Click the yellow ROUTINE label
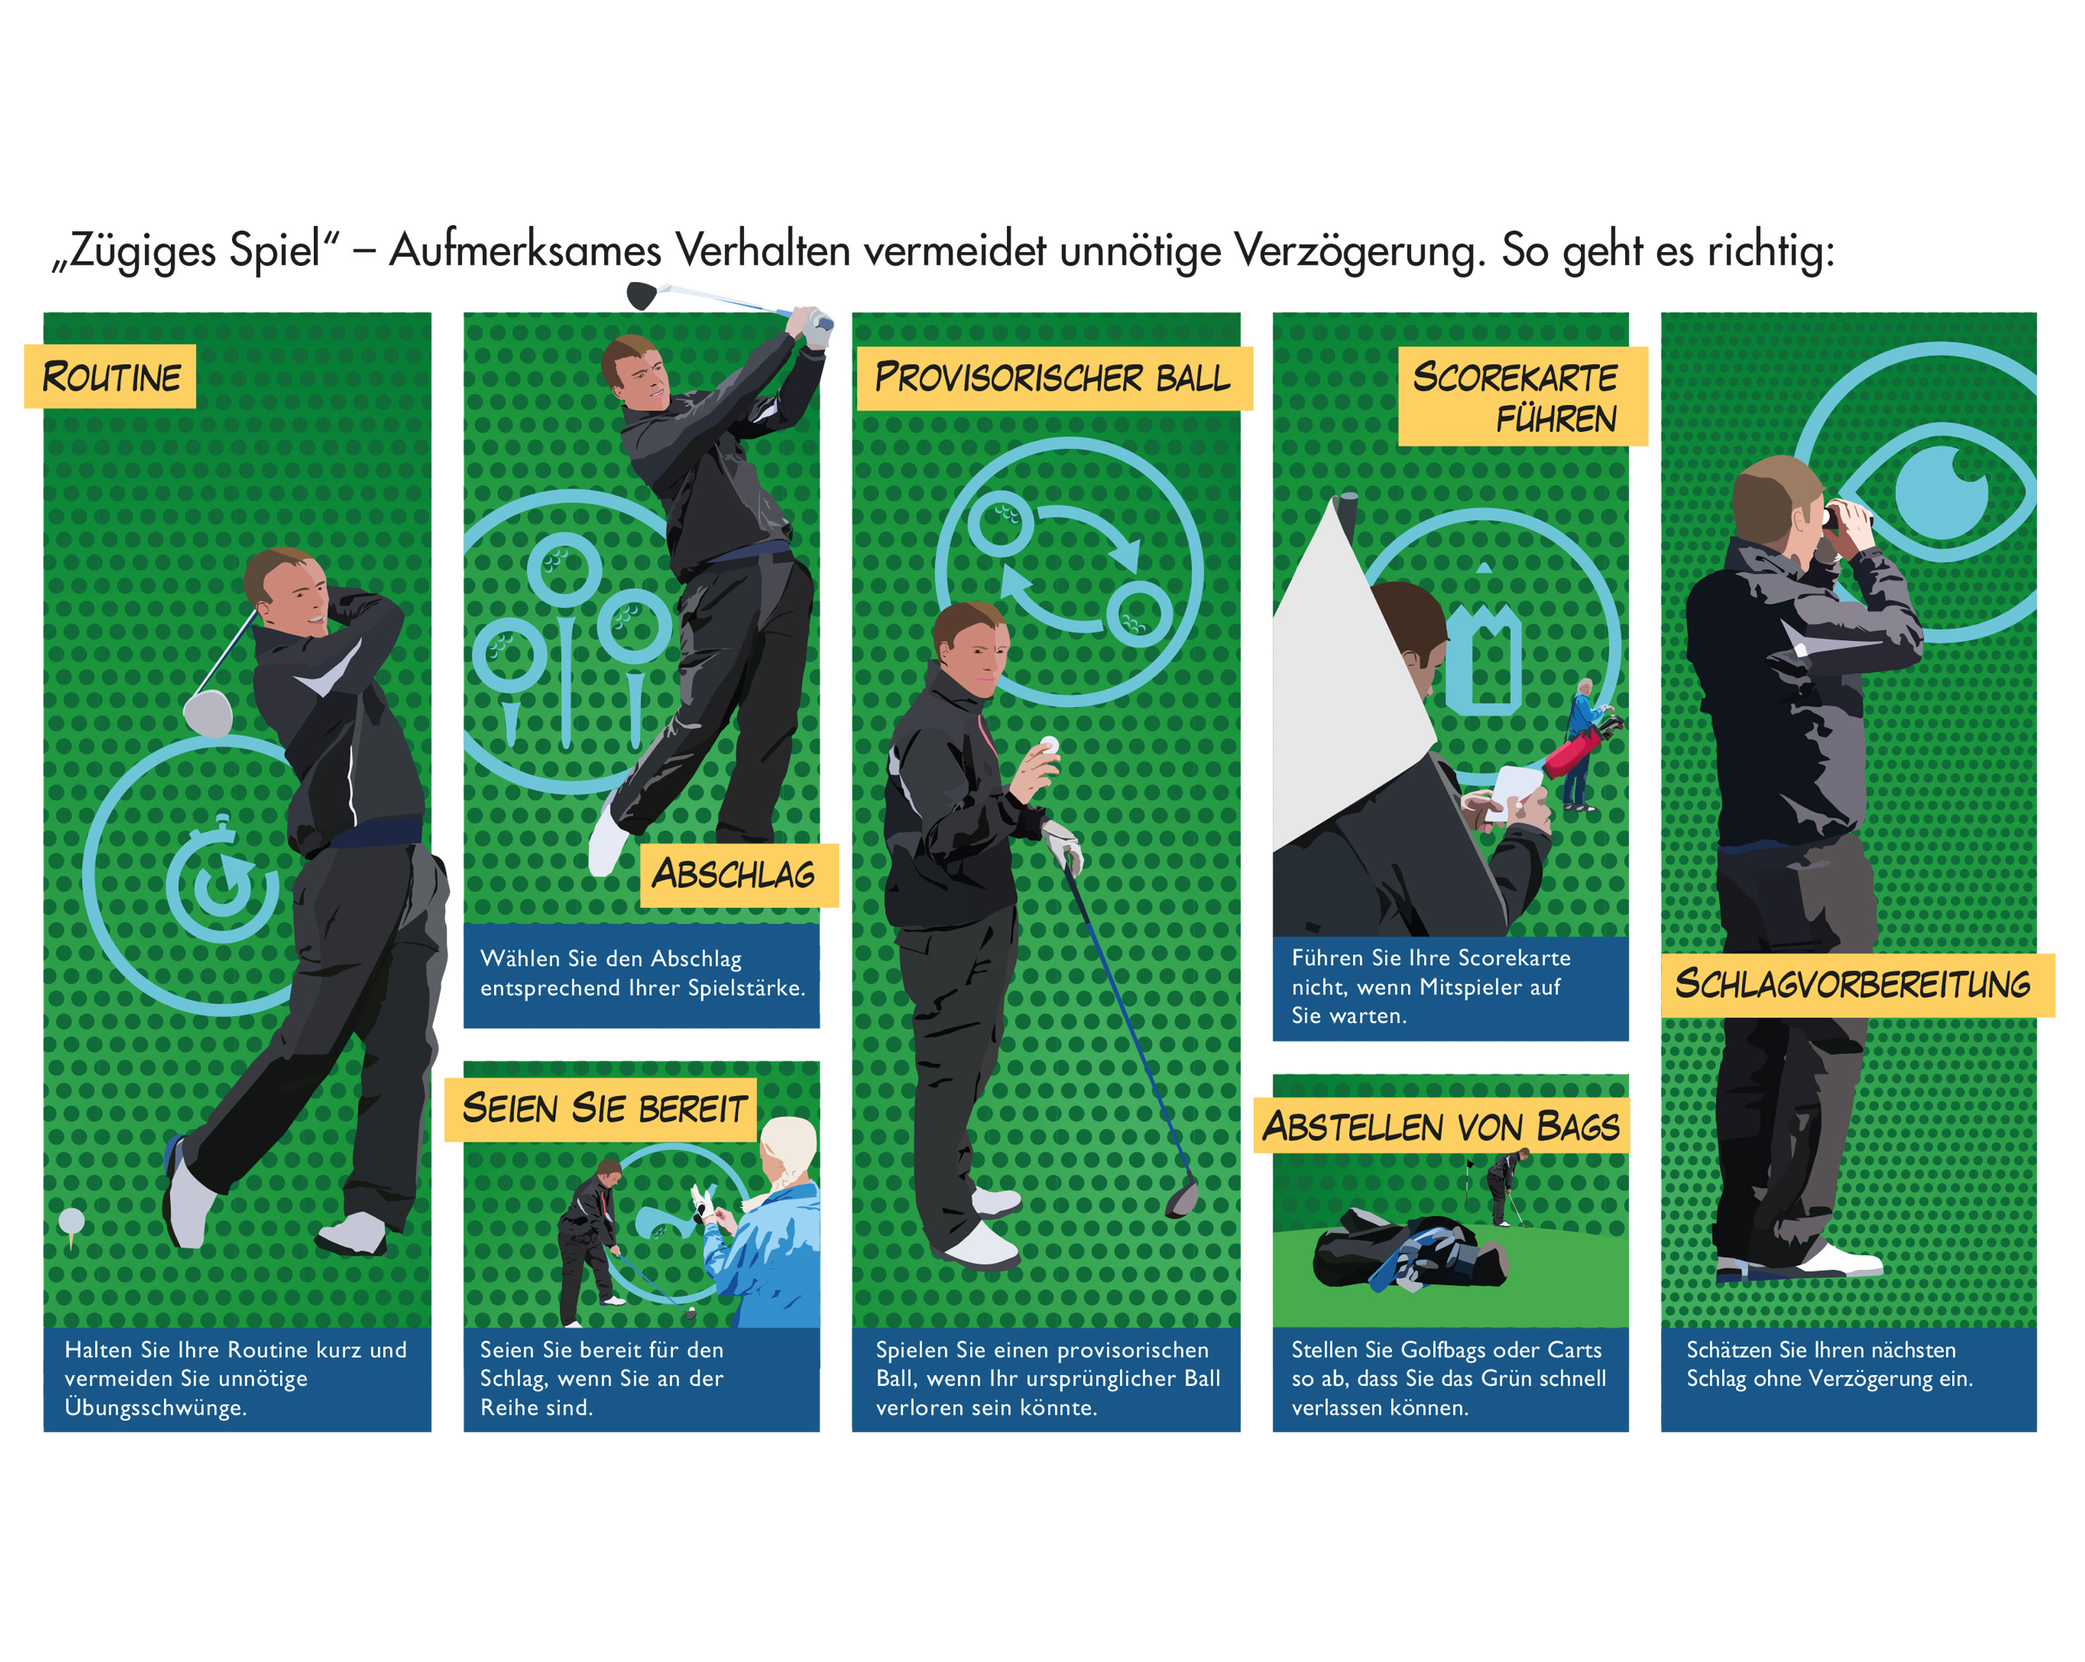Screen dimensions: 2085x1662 click(110, 376)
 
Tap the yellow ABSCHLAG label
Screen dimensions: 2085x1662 click(739, 875)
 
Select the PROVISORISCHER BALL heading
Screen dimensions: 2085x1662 click(1054, 378)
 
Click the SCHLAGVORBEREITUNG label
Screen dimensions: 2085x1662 click(1857, 984)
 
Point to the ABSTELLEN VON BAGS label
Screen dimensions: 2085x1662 click(1441, 1125)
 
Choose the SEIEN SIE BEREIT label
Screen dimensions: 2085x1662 click(601, 1109)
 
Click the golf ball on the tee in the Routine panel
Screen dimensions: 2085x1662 click(72, 1220)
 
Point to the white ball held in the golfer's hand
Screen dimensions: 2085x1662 click(1049, 745)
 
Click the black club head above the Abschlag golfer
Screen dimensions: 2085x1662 click(642, 295)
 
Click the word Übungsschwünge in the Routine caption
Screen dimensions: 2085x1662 click(155, 1408)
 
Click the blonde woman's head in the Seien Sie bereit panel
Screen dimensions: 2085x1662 click(788, 1153)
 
